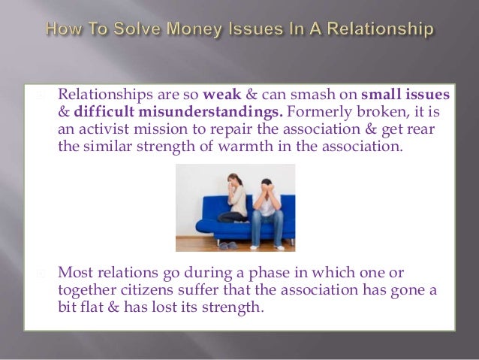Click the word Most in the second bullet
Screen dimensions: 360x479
point(75,273)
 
